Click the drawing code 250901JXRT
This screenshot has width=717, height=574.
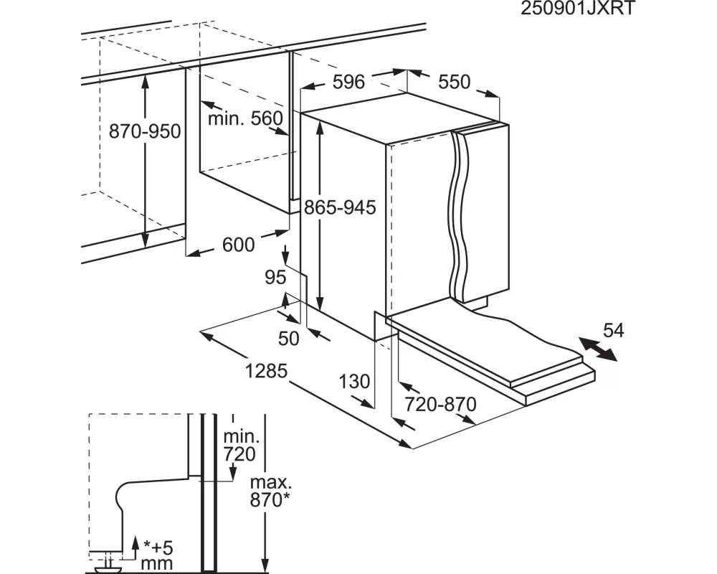coord(577,8)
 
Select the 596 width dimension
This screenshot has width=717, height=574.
coord(348,83)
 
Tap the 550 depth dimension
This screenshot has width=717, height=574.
coord(454,83)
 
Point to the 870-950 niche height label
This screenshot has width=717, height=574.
coord(145,132)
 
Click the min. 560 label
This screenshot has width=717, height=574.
coord(245,119)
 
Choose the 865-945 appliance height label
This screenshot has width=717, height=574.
coord(340,208)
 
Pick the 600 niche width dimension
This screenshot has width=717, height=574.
coord(238,245)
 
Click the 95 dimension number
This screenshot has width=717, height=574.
coord(275,278)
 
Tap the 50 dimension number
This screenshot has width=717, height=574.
coord(288,339)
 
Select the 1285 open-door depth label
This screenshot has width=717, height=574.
coord(266,371)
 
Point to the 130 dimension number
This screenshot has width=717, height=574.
coord(354,382)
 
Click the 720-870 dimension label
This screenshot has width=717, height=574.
coord(441,405)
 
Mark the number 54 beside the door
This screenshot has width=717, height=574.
coord(613,331)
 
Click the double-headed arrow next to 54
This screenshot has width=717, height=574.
coord(598,349)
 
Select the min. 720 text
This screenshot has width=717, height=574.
coord(240,446)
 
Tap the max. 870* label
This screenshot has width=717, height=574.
coord(270,491)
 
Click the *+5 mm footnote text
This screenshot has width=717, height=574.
coord(158,555)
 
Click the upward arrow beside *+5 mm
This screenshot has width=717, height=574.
coord(135,547)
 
